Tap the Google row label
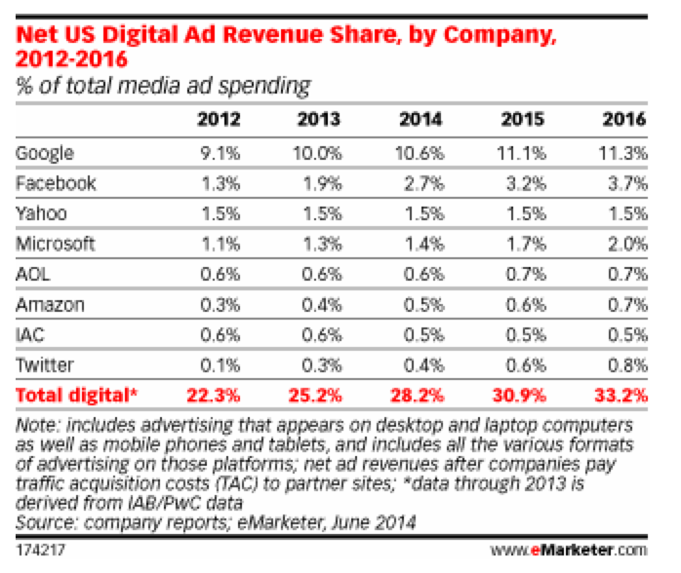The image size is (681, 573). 46,154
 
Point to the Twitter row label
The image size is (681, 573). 44,365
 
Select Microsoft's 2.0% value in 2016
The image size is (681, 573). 624,245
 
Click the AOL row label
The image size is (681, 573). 34,275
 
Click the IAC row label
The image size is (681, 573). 31,335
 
